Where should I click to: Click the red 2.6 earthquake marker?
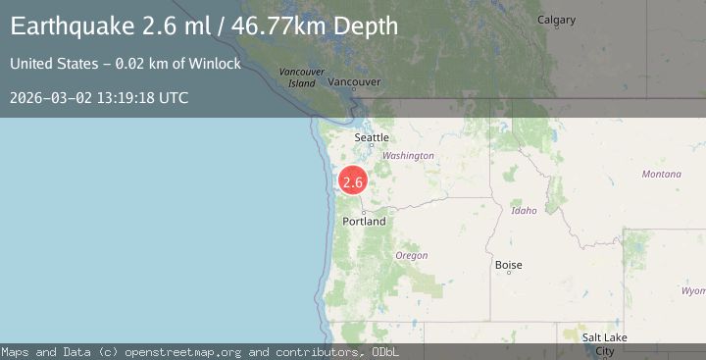click(353, 181)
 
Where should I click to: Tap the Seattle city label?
click(372, 138)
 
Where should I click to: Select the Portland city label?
click(364, 222)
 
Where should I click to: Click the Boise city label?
click(509, 265)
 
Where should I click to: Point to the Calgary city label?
click(557, 20)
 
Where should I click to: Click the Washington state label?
click(408, 156)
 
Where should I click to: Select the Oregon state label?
click(411, 255)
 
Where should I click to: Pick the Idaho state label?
click(525, 211)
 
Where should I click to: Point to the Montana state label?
click(661, 174)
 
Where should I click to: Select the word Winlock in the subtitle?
click(218, 65)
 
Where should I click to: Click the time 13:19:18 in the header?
click(127, 98)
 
